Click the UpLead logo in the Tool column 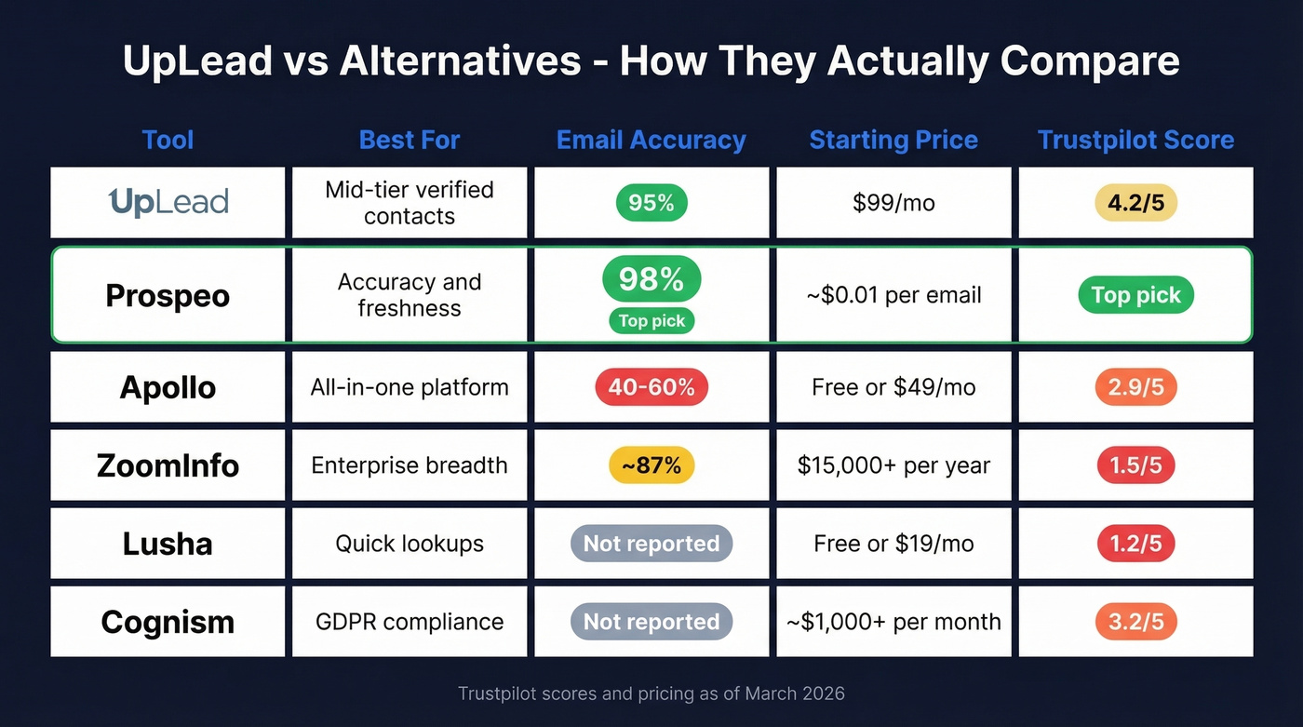tap(168, 202)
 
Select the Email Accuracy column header tap(651, 140)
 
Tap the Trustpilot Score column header tap(1135, 140)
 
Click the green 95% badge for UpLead tap(651, 203)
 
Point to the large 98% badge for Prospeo tap(651, 278)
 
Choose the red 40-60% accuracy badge tap(651, 387)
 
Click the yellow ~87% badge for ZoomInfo tap(651, 465)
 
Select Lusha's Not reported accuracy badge tap(651, 544)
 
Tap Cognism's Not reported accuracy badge tap(651, 622)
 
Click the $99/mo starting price tap(893, 203)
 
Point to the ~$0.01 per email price tap(893, 295)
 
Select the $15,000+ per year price tap(893, 465)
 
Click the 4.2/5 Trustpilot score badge tap(1135, 203)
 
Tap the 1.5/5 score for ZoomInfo tap(1135, 465)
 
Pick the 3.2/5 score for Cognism tap(1135, 622)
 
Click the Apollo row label tap(168, 387)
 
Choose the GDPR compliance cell tap(410, 622)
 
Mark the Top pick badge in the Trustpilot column tap(1135, 295)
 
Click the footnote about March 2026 tap(651, 693)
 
